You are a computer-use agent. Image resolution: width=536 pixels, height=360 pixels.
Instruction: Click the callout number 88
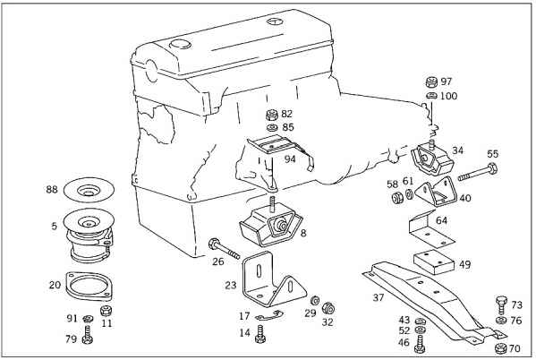(52, 189)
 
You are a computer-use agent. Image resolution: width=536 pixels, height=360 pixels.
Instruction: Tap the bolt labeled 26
(224, 250)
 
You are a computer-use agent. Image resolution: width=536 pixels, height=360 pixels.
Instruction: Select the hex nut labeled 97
(432, 81)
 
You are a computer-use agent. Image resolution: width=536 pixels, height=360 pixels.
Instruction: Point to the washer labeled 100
(432, 96)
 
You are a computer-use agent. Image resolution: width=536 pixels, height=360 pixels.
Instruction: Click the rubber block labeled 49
(434, 263)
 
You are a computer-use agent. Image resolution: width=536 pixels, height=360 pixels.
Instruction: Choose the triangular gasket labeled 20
(89, 287)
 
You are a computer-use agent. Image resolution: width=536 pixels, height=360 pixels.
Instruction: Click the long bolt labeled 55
(478, 173)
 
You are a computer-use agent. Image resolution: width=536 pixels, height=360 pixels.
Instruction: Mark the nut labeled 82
(272, 115)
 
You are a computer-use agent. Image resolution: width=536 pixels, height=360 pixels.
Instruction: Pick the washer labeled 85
(272, 128)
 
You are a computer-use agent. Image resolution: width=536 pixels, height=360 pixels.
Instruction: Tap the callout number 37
(379, 297)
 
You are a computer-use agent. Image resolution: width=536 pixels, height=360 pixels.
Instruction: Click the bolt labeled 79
(87, 335)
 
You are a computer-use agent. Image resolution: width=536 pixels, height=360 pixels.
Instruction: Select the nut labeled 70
(501, 348)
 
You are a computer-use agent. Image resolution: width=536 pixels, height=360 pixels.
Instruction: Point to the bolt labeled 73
(501, 304)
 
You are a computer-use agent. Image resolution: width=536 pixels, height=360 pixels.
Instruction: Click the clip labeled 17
(269, 316)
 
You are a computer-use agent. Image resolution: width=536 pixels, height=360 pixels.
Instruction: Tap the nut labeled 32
(328, 308)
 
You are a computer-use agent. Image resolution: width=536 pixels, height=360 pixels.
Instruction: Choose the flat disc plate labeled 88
(89, 190)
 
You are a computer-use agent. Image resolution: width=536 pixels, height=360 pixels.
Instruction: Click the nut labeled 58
(397, 198)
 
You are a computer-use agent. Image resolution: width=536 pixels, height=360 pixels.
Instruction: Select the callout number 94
(290, 159)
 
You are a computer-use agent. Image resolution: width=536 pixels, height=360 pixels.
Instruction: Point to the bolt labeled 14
(260, 334)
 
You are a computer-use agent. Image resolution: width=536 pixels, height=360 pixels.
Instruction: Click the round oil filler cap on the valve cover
(181, 44)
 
